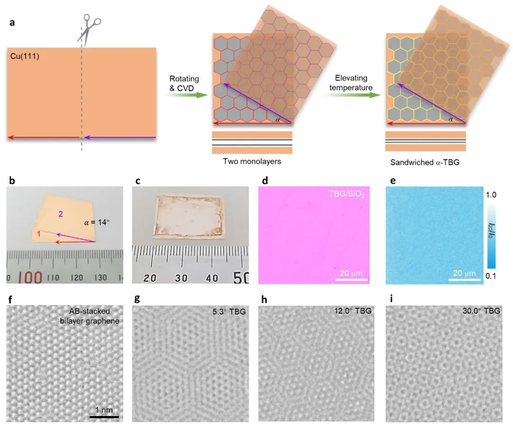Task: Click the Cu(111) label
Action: pyautogui.click(x=22, y=57)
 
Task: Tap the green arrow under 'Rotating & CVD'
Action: pyautogui.click(x=188, y=95)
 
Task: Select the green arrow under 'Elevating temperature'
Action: pyautogui.click(x=352, y=95)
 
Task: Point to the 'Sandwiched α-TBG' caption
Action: pyautogui.click(x=425, y=162)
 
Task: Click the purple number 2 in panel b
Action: pyautogui.click(x=61, y=215)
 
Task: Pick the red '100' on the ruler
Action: pyautogui.click(x=31, y=277)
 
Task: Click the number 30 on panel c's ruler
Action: pyautogui.click(x=181, y=278)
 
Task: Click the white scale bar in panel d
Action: pyautogui.click(x=352, y=280)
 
